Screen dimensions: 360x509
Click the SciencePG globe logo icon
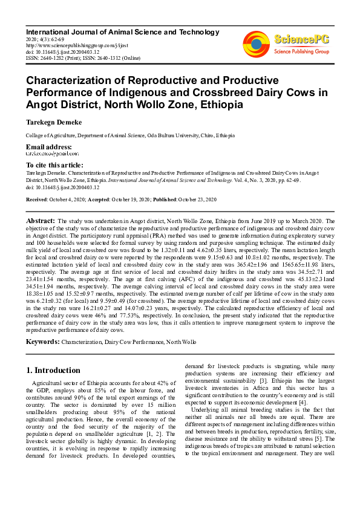pos(257,43)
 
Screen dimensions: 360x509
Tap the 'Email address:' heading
pos(49,148)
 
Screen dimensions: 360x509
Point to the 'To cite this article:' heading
pos(54,165)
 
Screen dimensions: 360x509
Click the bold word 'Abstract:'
pos(41,222)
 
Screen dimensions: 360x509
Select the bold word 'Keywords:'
pos(42,342)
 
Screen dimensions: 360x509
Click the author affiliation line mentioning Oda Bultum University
pos(130,135)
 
